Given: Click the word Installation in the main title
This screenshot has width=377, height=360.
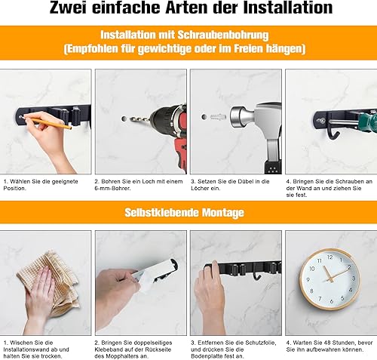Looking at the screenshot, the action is pos(288,8).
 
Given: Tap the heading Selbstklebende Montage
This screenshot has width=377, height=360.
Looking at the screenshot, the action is pos(184,213).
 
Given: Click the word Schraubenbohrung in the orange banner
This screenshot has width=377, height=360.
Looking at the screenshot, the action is pos(223,35).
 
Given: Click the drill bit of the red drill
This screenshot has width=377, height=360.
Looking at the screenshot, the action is pos(140,118).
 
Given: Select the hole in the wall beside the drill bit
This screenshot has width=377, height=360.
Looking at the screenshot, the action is pos(124,118).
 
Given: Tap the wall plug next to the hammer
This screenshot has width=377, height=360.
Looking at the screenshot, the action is pos(218,117).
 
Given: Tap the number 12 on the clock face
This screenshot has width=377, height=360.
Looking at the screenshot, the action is pos(329,257).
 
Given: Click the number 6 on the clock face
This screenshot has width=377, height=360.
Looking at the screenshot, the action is pos(332,300).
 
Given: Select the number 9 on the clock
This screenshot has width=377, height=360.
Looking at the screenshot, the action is pos(308,280).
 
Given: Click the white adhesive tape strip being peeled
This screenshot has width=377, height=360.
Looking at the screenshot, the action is pos(156,274).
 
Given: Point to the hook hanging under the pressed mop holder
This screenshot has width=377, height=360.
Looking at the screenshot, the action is pos(256,276).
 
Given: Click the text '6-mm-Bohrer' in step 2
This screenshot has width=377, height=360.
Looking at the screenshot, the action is pos(112,188).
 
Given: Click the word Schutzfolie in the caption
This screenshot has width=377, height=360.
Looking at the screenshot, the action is pos(261,343).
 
